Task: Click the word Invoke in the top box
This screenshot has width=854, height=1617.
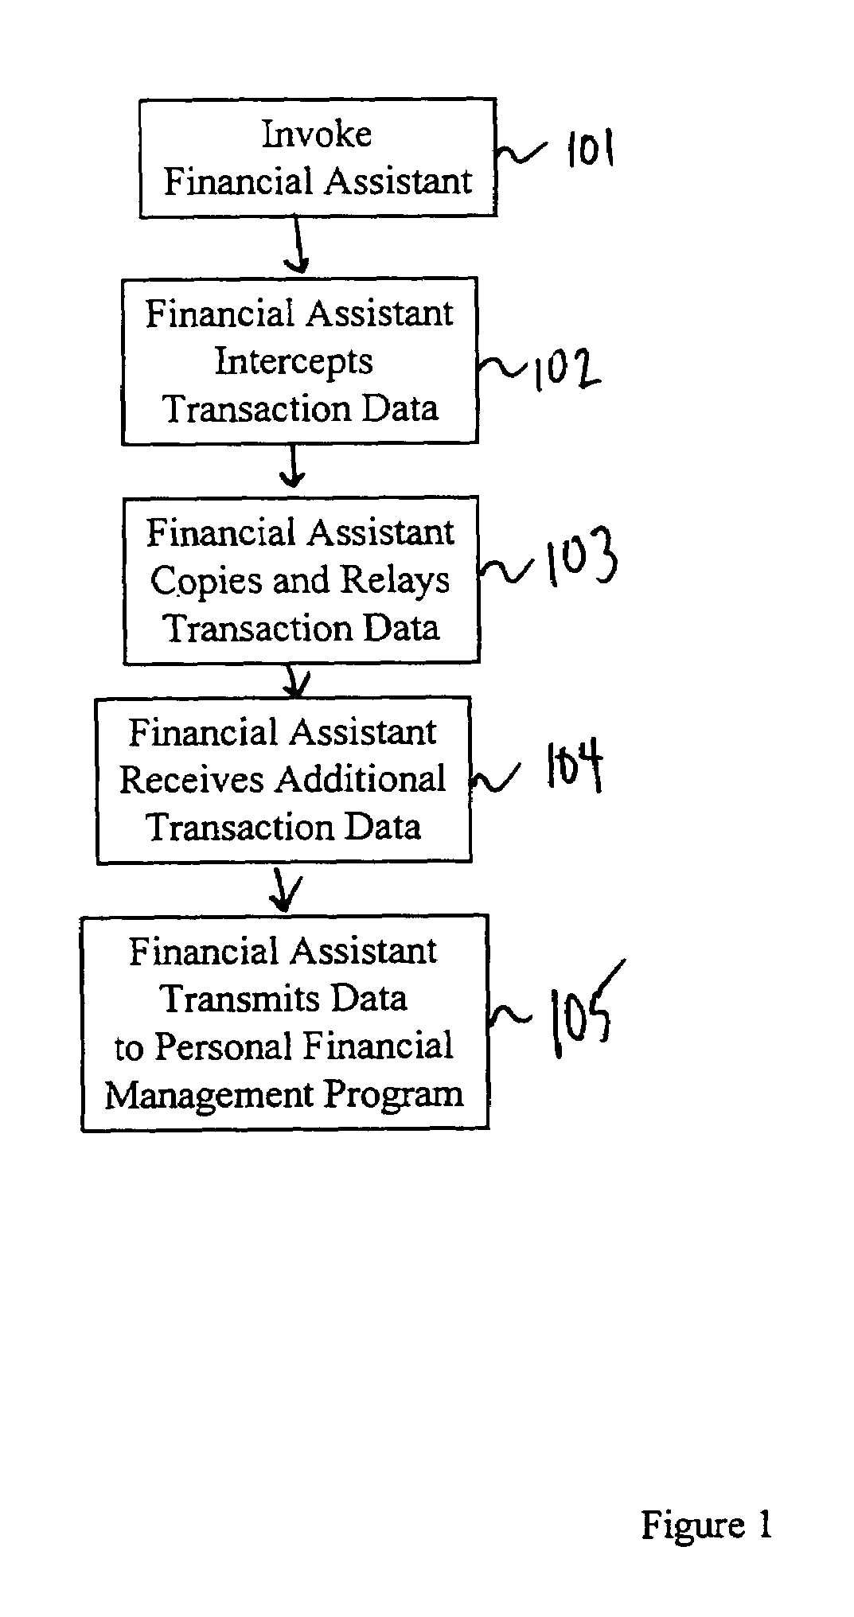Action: [317, 134]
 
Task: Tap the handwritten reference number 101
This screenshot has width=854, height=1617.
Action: [590, 149]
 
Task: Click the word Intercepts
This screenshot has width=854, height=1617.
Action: [294, 362]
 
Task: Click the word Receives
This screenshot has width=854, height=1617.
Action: [192, 779]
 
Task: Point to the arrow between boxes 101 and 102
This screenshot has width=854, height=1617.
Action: [298, 246]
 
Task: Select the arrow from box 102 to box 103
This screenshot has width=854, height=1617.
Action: [293, 466]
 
